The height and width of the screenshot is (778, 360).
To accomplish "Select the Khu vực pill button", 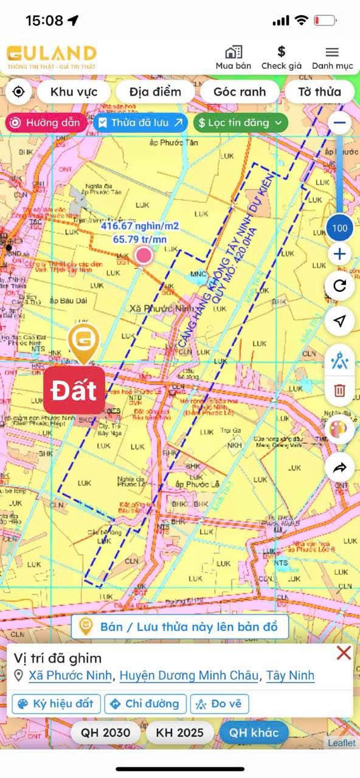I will [74, 92].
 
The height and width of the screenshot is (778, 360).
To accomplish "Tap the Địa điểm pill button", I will [156, 92].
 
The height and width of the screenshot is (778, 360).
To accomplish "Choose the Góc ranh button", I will [240, 92].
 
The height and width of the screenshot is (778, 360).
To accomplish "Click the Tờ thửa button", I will [319, 92].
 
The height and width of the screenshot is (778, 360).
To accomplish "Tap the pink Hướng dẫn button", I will [46, 123].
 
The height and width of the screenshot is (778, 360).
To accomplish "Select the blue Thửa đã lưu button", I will [140, 123].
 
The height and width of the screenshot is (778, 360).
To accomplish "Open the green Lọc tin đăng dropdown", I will [241, 123].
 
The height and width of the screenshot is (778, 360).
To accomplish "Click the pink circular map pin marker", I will [144, 255].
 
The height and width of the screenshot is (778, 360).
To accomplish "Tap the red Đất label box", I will [74, 390].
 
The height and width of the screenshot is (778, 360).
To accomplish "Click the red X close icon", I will [344, 653].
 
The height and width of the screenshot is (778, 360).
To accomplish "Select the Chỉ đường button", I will [145, 704].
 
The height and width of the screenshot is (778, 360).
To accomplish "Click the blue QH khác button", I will [254, 732].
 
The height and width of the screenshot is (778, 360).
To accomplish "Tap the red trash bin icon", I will [339, 390].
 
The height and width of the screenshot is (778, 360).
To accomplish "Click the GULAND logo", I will [52, 57].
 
